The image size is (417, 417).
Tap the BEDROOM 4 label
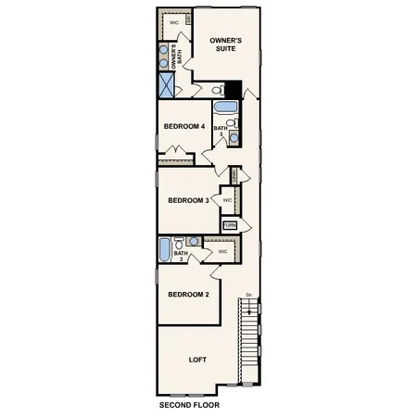(x=183, y=127)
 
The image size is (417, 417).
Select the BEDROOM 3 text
(x=187, y=200)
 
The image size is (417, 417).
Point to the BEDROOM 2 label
(x=187, y=295)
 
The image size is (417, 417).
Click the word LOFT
(x=197, y=360)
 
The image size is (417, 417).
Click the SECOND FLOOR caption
(x=189, y=405)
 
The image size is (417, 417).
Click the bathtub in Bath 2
(x=165, y=250)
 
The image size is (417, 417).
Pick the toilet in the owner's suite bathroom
(x=216, y=91)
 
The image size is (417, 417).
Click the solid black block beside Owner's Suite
(x=234, y=90)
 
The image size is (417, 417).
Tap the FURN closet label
(x=230, y=225)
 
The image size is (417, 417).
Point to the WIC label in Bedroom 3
(x=228, y=199)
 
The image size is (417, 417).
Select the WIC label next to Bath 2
(x=222, y=251)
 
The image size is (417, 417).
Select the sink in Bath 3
(x=234, y=138)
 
